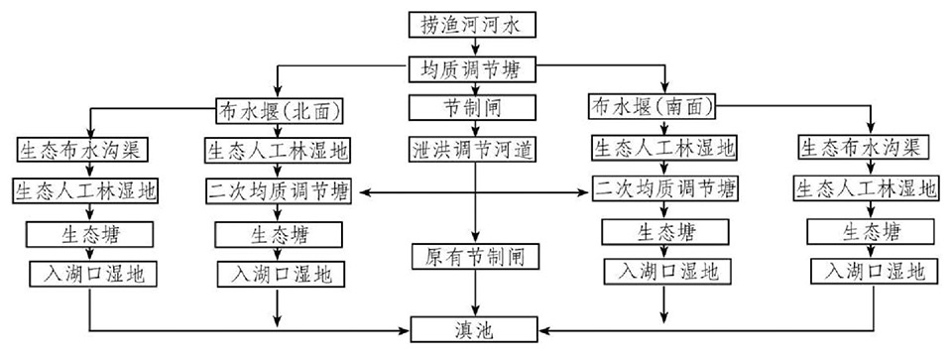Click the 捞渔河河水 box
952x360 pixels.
(x=472, y=25)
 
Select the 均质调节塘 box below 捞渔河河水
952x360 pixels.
(x=472, y=68)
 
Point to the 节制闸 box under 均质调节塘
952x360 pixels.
(x=472, y=107)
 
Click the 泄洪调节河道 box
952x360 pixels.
(x=472, y=149)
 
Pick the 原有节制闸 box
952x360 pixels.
(x=475, y=257)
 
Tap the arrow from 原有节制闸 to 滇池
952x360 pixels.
(x=476, y=294)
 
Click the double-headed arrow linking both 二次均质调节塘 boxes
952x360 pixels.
(x=475, y=193)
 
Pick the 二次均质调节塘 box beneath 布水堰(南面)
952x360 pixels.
(x=666, y=188)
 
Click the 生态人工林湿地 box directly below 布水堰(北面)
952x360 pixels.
(x=279, y=150)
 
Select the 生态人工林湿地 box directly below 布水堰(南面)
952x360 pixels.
(x=664, y=147)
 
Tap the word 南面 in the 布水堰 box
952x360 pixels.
(x=685, y=107)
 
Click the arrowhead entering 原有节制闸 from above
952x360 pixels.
(x=476, y=239)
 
